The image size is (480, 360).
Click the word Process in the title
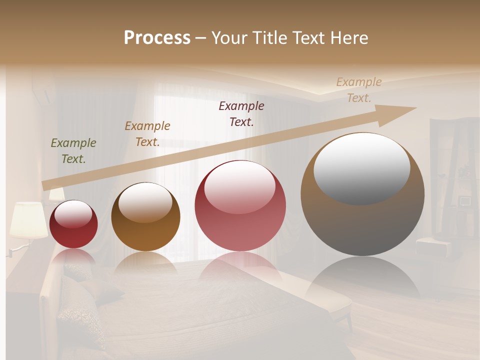click(x=157, y=38)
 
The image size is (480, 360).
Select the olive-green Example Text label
click(x=73, y=151)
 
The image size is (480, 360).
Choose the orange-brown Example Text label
click(x=147, y=134)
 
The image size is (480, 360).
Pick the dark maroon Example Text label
click(x=241, y=113)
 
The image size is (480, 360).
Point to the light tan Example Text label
click(x=359, y=90)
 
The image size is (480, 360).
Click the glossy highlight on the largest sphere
click(x=362, y=167)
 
